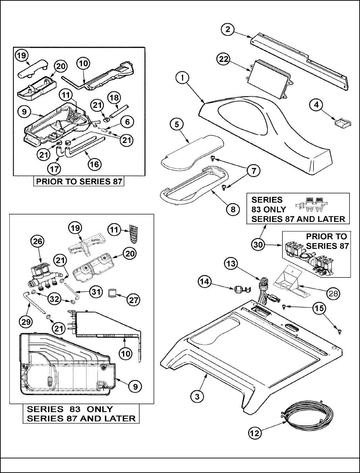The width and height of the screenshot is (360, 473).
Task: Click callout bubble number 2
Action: [x=228, y=29]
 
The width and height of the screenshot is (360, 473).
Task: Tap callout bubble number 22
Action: [x=223, y=59]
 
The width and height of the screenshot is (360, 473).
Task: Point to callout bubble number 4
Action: [x=316, y=105]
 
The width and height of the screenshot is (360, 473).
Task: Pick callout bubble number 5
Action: [x=177, y=125]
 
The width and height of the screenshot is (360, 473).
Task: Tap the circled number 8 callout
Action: [x=233, y=209]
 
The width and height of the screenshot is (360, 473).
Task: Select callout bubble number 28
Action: [x=333, y=294]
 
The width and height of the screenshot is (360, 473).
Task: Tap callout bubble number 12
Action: [x=255, y=433]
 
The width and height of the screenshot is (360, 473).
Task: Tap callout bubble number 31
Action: [x=96, y=292]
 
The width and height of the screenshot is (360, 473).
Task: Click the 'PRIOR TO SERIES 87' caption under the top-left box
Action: [x=79, y=182]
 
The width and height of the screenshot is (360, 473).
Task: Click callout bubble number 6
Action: [x=128, y=122]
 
